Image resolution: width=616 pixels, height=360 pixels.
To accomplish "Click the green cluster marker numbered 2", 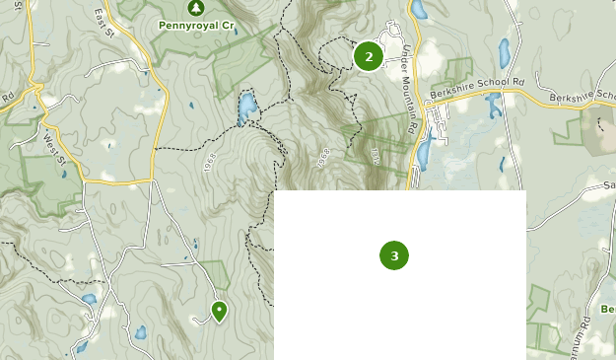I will click(x=369, y=56).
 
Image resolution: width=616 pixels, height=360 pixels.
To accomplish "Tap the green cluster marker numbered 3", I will click(x=394, y=255).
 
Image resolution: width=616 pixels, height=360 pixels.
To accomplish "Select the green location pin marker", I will click(x=219, y=312).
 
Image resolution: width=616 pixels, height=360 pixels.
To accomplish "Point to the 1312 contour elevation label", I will click(x=376, y=156).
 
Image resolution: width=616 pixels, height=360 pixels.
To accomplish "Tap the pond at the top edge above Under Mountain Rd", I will click(x=419, y=10).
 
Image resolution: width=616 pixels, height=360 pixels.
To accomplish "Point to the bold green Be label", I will click(x=607, y=310).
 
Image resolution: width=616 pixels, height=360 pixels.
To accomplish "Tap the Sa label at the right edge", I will click(x=607, y=185).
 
